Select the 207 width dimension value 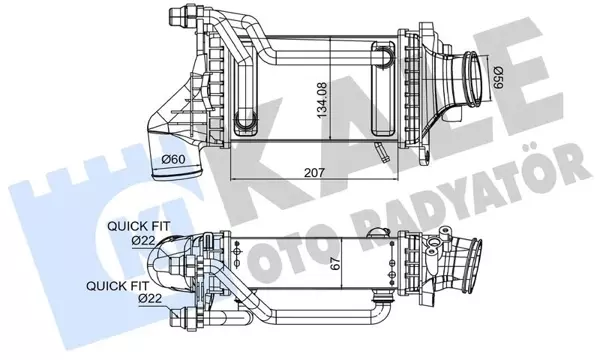[315, 172]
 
